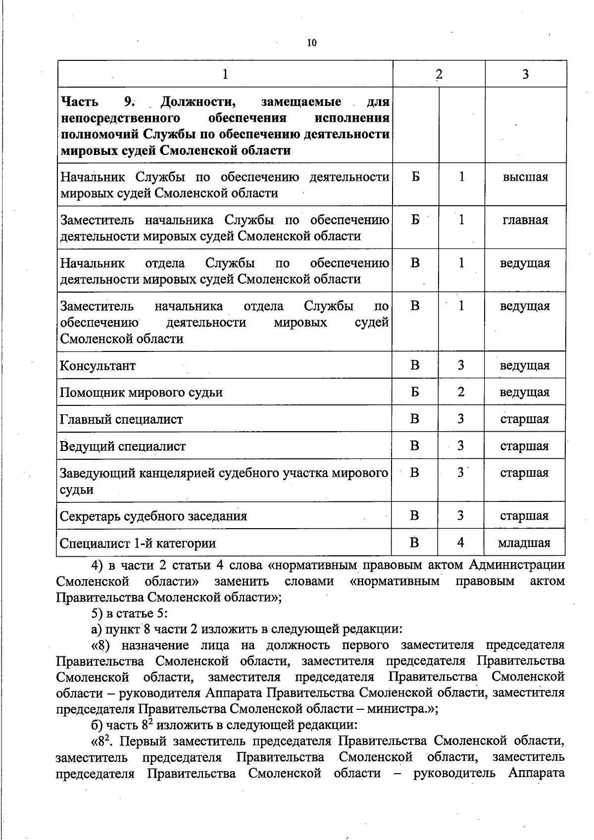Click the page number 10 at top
[x=311, y=43]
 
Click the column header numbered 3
[x=525, y=74]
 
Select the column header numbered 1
[x=225, y=74]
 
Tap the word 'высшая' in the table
[x=525, y=177]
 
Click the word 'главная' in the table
[x=525, y=220]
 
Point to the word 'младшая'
[x=524, y=543]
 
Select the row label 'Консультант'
[x=98, y=366]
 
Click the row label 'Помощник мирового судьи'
[x=141, y=393]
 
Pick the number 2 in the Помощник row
[x=461, y=392]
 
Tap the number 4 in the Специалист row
[x=460, y=543]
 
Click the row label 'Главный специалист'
[x=121, y=419]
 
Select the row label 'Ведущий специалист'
[x=123, y=446]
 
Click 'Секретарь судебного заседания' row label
[x=153, y=516]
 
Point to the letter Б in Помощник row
[x=415, y=392]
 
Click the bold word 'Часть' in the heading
[x=80, y=102]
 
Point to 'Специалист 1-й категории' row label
[x=138, y=544]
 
